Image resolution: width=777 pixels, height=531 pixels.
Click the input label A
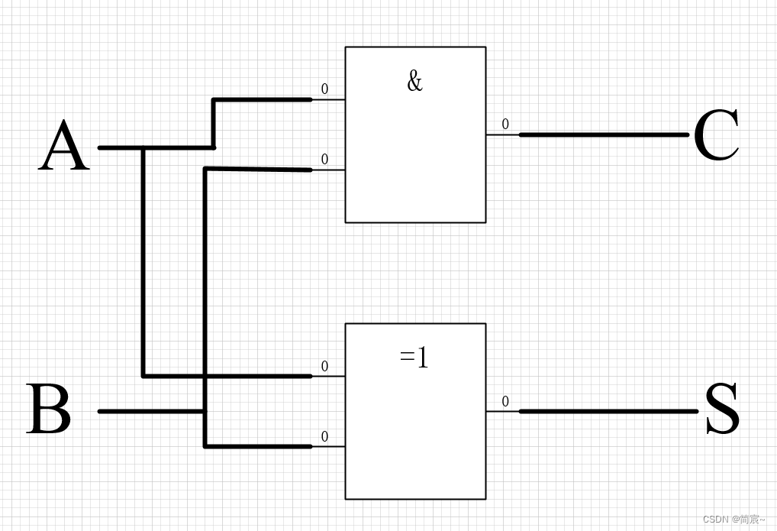(x=64, y=147)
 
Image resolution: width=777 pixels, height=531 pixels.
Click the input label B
(x=50, y=410)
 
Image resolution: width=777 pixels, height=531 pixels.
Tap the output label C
(x=716, y=135)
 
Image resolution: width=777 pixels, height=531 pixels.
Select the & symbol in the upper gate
(x=414, y=80)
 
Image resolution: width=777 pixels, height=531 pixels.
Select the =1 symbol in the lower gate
(x=414, y=357)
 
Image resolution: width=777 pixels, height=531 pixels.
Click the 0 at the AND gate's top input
(x=324, y=89)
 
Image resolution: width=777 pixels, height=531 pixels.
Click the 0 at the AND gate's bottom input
(x=324, y=160)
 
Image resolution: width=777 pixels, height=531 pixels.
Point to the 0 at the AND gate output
(x=505, y=125)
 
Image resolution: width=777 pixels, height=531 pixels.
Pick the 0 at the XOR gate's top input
(x=324, y=367)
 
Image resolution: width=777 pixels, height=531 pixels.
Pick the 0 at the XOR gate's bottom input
(x=324, y=437)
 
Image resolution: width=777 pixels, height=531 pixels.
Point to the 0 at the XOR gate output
(x=505, y=401)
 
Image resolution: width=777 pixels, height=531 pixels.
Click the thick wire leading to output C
(x=603, y=134)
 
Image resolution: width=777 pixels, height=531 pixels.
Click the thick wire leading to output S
(x=608, y=411)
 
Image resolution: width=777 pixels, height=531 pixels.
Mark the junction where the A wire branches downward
(x=143, y=147)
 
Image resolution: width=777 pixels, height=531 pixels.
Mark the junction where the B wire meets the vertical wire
(x=205, y=411)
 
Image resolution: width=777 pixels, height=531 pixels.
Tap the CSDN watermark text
(x=733, y=519)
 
